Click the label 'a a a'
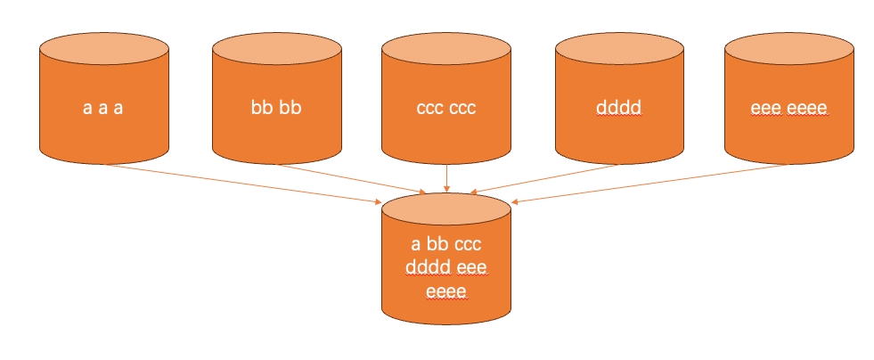point(103,108)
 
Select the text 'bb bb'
point(276,106)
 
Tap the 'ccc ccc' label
point(446,108)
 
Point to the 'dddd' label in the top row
point(618,106)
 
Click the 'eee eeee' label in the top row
point(788,108)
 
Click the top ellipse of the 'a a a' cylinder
point(104,48)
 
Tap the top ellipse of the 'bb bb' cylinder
point(277,48)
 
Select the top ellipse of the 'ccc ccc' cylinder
point(446,48)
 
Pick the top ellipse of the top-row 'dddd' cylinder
point(619,48)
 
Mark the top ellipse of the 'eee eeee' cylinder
point(789,48)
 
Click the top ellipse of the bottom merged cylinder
point(446,209)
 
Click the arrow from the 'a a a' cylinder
point(243,184)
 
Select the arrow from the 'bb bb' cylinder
point(352,179)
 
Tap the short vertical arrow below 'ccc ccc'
point(446,178)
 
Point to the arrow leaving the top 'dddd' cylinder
point(544,179)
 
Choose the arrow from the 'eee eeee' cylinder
point(649,184)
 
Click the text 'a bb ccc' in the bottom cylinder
point(446,244)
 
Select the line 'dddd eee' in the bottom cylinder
point(446,268)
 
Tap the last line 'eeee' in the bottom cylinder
point(446,292)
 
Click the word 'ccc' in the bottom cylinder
point(468,245)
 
